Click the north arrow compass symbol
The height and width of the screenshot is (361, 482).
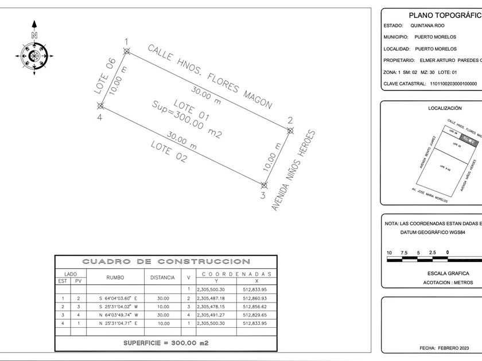tap(34, 56)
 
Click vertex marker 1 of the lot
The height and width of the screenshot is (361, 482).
tap(127, 51)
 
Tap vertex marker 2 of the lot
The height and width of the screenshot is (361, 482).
tap(290, 131)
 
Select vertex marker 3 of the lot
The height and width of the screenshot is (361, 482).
tap(264, 185)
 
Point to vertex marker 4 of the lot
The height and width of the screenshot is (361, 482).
tap(100, 105)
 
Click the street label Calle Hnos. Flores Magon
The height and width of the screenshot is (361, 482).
tap(209, 77)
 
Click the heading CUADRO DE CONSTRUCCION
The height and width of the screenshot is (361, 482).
tap(166, 262)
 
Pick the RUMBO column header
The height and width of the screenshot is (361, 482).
tap(115, 277)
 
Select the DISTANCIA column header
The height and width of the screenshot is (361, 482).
tap(162, 277)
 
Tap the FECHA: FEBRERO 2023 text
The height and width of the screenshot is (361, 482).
tap(444, 348)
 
